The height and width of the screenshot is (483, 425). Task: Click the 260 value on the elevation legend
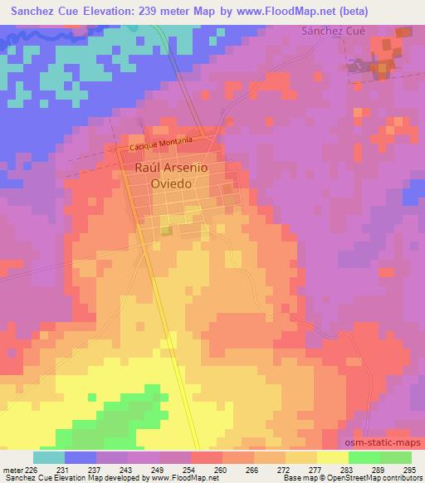click(x=217, y=470)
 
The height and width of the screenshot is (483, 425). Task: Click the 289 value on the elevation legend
click(x=378, y=470)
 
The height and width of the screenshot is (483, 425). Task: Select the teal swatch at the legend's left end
click(x=48, y=457)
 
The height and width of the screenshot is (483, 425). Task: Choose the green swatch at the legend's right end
click(x=395, y=457)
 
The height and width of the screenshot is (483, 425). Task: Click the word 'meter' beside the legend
click(x=12, y=470)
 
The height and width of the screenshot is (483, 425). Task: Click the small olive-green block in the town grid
click(x=166, y=231)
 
